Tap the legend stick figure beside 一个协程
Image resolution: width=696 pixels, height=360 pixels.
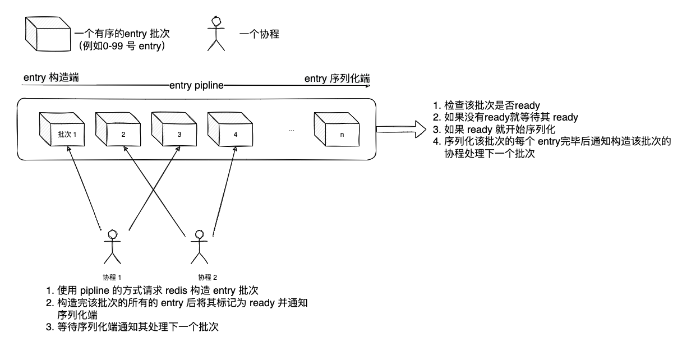point(216,34)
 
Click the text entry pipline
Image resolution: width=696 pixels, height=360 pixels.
point(196,85)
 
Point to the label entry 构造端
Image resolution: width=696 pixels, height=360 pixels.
point(51,77)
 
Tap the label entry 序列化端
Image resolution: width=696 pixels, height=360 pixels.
point(337,78)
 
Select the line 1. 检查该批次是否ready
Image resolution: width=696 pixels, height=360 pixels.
point(486,105)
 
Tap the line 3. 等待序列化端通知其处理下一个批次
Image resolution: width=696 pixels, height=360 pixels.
point(132,327)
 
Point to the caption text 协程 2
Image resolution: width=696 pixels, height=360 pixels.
point(208,277)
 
